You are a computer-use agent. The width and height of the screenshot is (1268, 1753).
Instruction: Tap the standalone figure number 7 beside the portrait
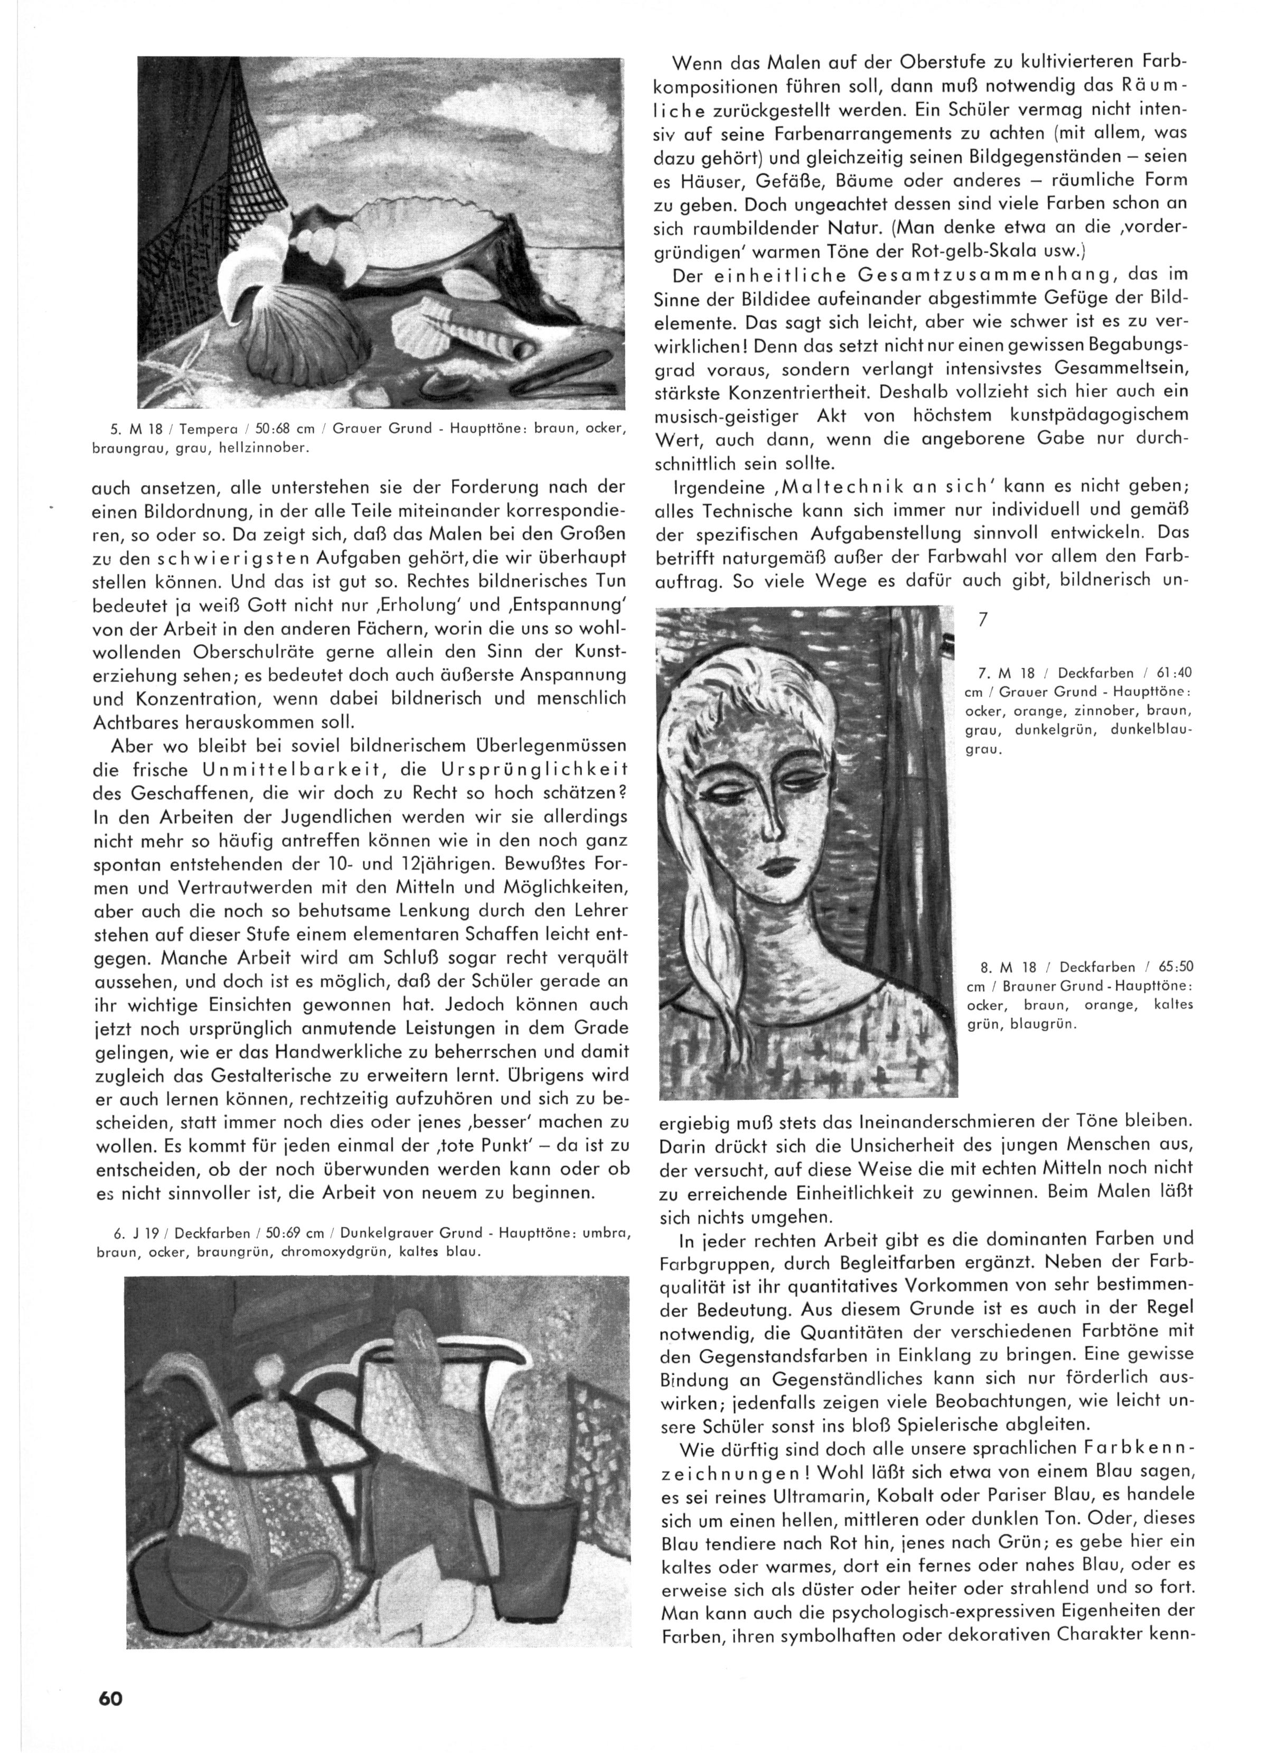pos(983,620)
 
